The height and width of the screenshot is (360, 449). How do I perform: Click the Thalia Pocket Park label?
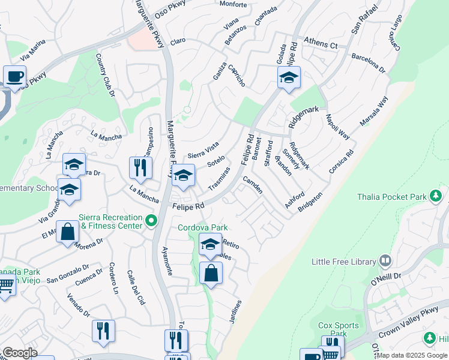(x=399, y=196)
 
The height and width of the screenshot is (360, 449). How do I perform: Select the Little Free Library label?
(x=343, y=262)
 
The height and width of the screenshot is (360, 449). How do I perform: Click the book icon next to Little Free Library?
(x=385, y=261)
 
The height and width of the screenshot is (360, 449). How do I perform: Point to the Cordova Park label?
(x=202, y=228)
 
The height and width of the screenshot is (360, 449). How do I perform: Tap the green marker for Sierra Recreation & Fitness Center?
(x=152, y=222)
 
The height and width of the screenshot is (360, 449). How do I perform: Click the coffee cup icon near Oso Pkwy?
(x=14, y=76)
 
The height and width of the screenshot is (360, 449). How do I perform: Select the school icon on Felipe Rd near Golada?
(x=289, y=77)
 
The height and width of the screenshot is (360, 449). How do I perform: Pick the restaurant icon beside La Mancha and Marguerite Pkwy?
(x=140, y=167)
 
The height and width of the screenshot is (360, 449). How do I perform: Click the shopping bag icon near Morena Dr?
(x=68, y=231)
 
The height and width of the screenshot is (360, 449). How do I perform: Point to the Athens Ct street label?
(x=321, y=43)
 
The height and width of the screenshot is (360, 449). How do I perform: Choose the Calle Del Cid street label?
(x=136, y=288)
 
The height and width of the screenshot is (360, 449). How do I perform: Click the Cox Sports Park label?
(x=339, y=329)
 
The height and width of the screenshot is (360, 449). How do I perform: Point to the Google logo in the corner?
(x=19, y=353)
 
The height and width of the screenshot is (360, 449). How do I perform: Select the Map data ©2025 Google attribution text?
(x=412, y=355)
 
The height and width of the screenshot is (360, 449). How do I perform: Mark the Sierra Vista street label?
(x=203, y=149)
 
